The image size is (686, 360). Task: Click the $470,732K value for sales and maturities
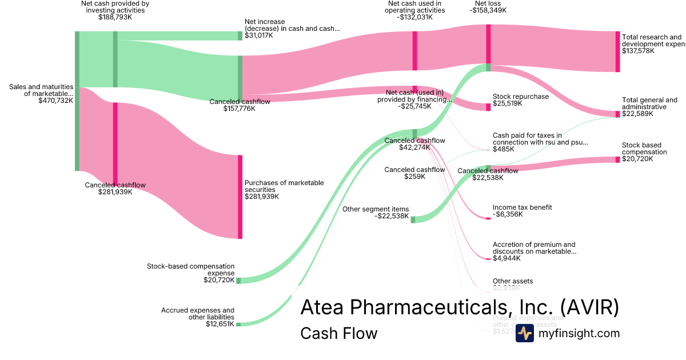(55, 101)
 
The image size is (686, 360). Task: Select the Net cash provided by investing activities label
(115, 7)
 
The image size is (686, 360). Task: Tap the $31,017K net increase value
(259, 35)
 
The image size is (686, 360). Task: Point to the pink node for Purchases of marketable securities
(240, 197)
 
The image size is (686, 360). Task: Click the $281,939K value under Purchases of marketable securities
(262, 197)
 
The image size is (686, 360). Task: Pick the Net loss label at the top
(488, 3)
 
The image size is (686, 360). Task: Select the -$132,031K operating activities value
(414, 17)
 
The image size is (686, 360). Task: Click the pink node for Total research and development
(617, 51)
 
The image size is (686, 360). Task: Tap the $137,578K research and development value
(638, 51)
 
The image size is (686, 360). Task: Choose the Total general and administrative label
(649, 103)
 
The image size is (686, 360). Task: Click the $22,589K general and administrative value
(636, 114)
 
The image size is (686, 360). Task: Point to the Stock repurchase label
(520, 97)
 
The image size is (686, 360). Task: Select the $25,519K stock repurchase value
(507, 103)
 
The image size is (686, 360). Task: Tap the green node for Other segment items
(413, 219)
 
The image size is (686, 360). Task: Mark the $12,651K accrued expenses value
(220, 324)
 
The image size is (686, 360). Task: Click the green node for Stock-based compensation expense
(238, 281)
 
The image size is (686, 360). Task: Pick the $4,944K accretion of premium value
(506, 258)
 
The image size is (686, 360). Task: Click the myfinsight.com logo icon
(524, 333)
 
